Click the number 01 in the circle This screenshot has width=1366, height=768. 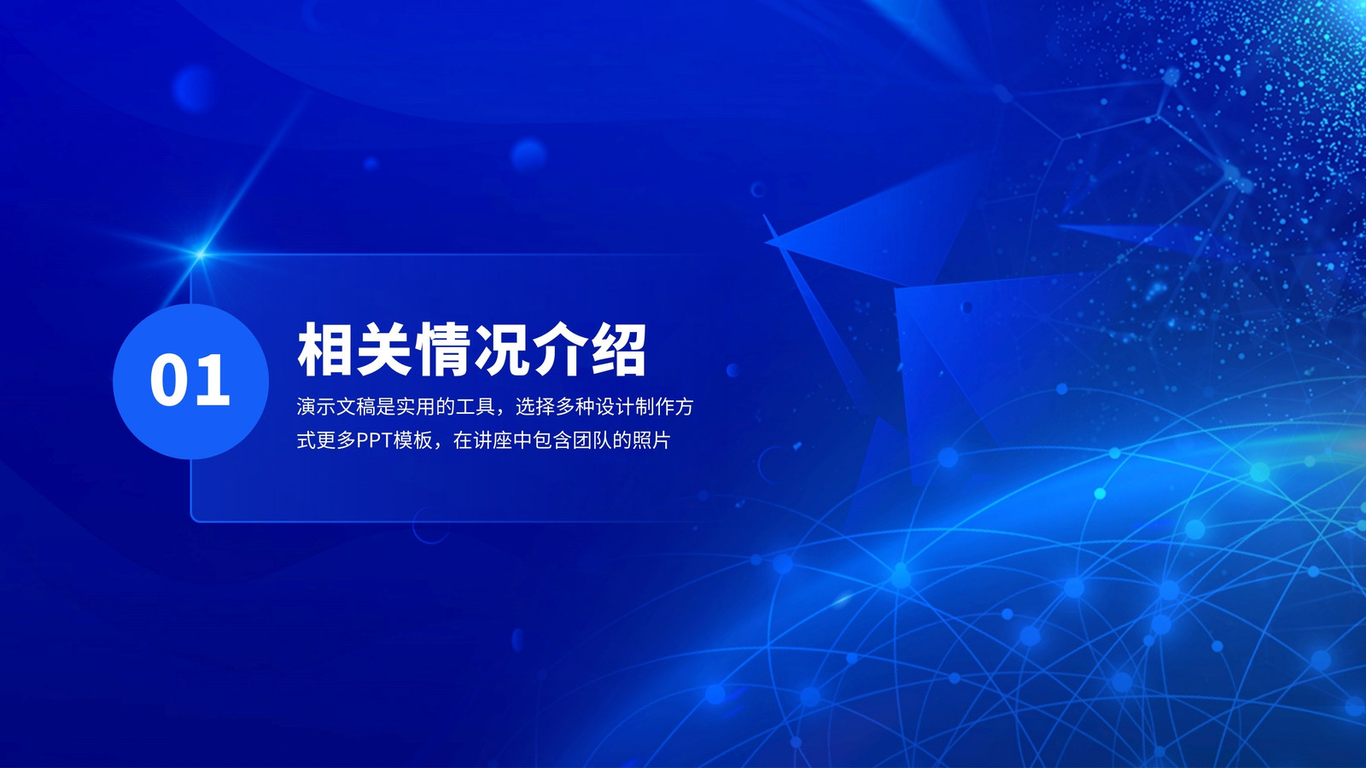(190, 381)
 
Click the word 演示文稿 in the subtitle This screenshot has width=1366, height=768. (336, 406)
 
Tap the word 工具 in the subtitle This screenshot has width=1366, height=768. (475, 406)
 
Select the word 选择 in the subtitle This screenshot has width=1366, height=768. (534, 406)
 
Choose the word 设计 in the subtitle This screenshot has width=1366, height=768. (614, 406)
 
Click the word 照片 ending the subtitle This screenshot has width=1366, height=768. (651, 440)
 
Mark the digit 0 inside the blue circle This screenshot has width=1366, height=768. (170, 381)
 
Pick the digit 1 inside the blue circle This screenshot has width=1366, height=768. (213, 381)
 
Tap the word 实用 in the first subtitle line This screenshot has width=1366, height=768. (415, 406)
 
